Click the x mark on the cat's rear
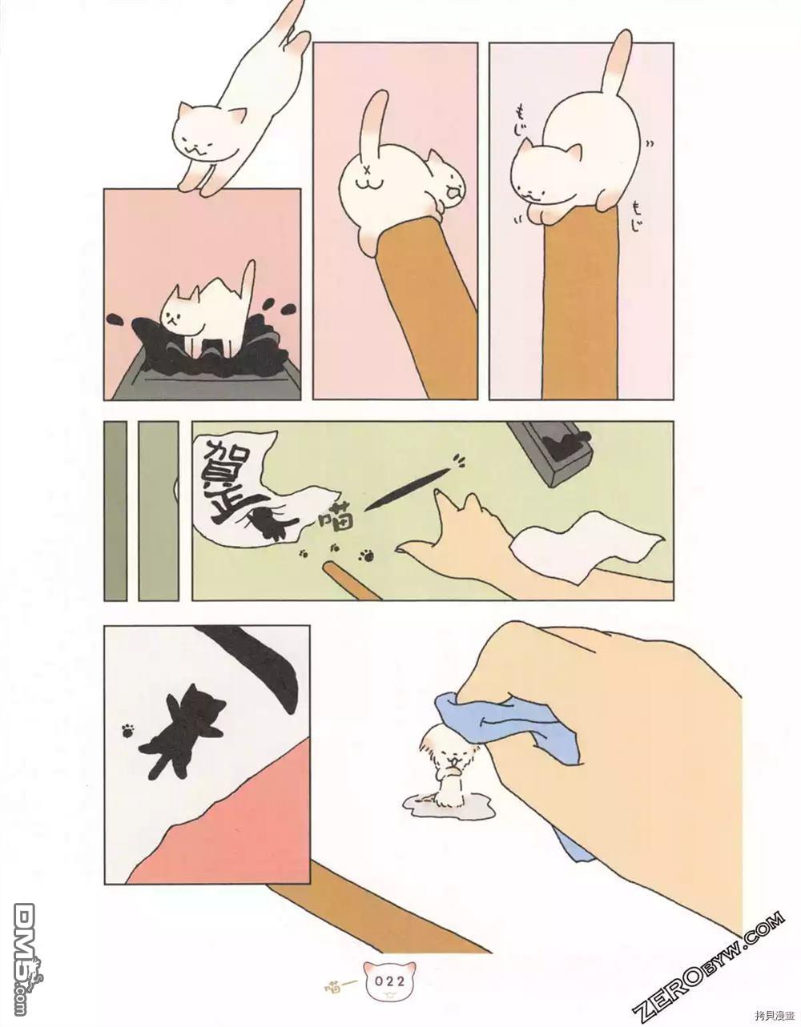click(368, 170)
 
